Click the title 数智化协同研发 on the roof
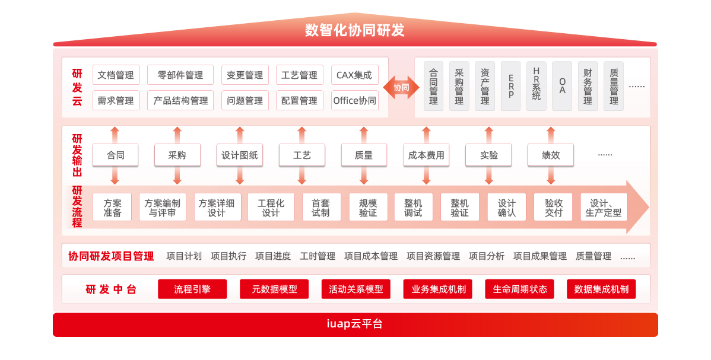pyautogui.click(x=355, y=30)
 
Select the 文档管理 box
pyautogui.click(x=116, y=75)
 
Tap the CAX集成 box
pyautogui.click(x=354, y=75)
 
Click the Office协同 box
pyautogui.click(x=354, y=100)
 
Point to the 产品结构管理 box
pyautogui.click(x=180, y=100)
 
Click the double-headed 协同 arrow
pyautogui.click(x=401, y=87)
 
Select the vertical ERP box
pyautogui.click(x=511, y=87)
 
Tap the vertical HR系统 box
pyautogui.click(x=537, y=87)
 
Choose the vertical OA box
pyautogui.click(x=562, y=87)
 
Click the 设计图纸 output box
pyautogui.click(x=239, y=155)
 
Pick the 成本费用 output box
pyautogui.click(x=426, y=155)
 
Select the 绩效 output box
pyautogui.click(x=551, y=155)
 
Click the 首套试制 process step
pyautogui.click(x=321, y=208)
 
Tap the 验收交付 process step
pyautogui.click(x=553, y=208)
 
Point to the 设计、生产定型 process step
pyautogui.click(x=603, y=208)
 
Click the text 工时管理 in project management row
pyautogui.click(x=318, y=256)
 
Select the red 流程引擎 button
pyautogui.click(x=192, y=289)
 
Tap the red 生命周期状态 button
pyautogui.click(x=519, y=289)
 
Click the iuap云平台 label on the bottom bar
pyautogui.click(x=355, y=324)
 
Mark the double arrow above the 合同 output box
pyautogui.click(x=115, y=135)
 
